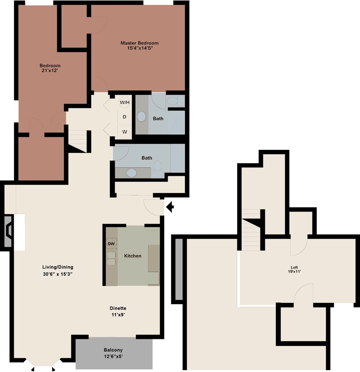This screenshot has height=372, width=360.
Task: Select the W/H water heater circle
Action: (125, 102)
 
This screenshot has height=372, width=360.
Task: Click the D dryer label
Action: (125, 117)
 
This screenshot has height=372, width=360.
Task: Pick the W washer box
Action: (125, 131)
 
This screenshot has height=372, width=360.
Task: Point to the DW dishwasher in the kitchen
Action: (111, 243)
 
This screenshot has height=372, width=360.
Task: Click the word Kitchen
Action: (133, 256)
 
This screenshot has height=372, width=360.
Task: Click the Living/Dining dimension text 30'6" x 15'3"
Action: (57, 273)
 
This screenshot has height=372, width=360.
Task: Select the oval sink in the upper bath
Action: (142, 117)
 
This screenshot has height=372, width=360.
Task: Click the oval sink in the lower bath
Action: (132, 172)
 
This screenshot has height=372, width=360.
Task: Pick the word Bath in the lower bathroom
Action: (147, 158)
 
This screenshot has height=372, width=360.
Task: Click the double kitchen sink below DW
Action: (111, 258)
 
